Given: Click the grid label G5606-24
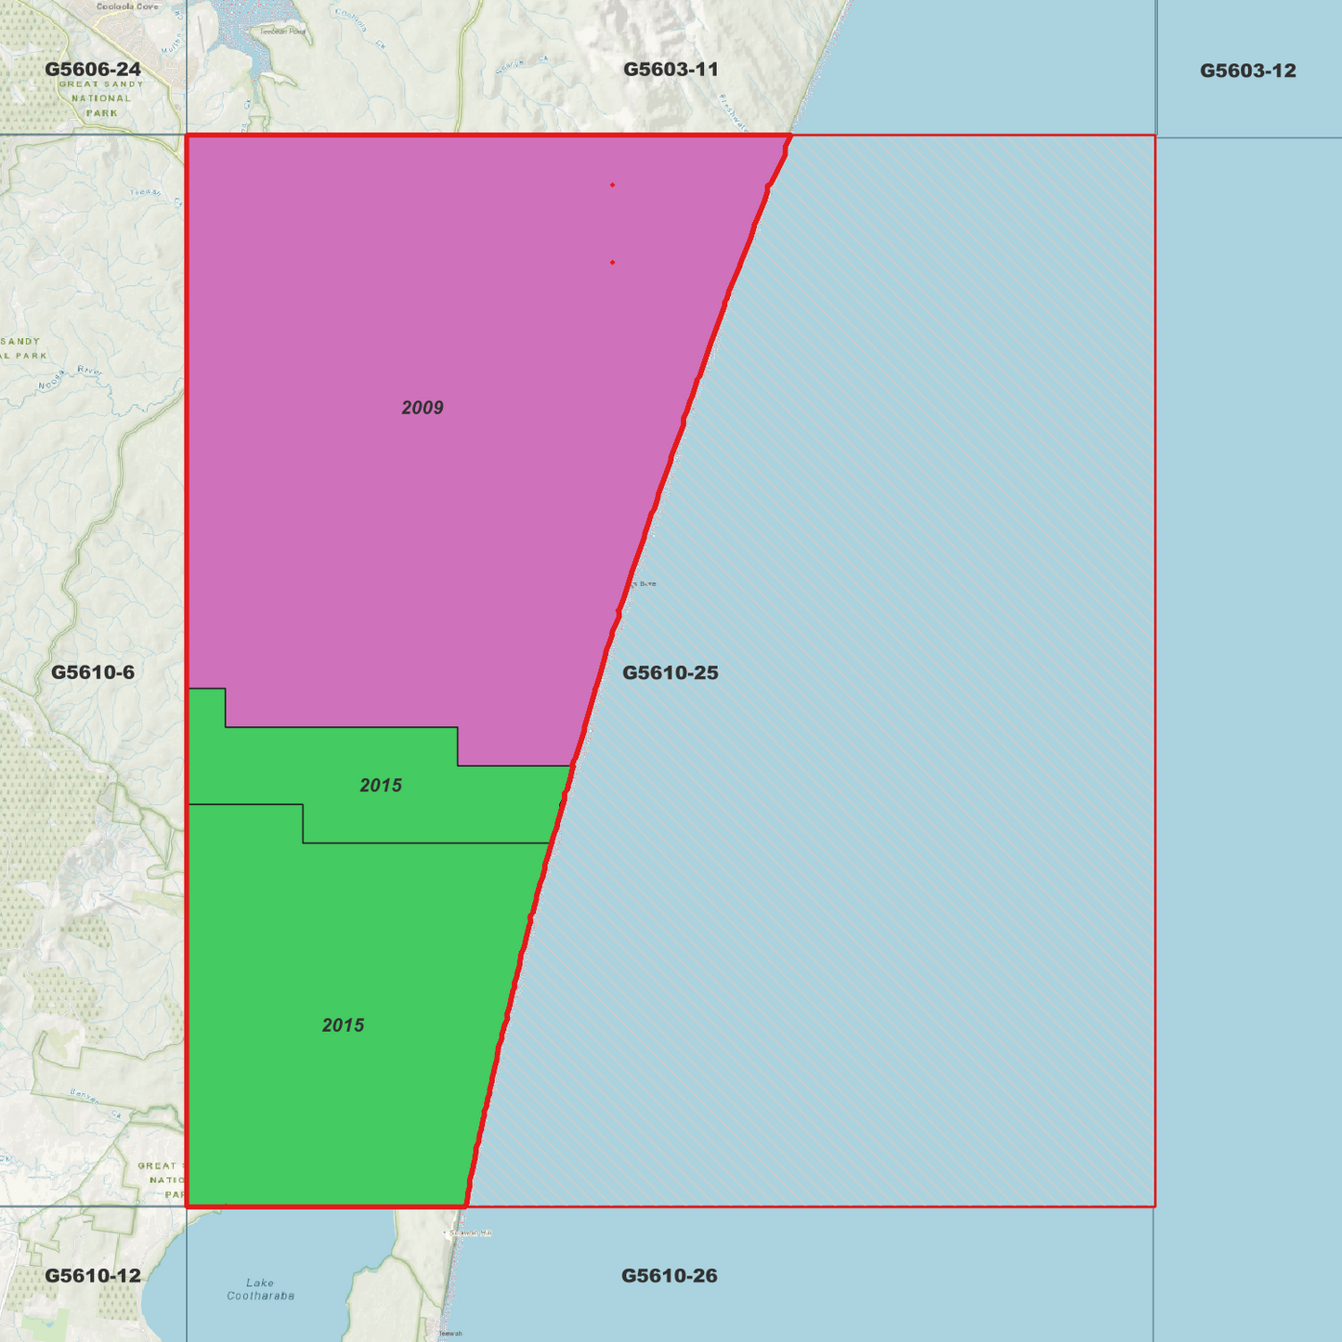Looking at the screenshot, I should (93, 70).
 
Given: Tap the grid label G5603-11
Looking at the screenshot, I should (671, 70).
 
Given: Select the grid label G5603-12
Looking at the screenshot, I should (1247, 71).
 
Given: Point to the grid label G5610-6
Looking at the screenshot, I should (93, 672).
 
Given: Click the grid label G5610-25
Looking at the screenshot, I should (670, 672).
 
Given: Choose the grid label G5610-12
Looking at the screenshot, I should (93, 1275).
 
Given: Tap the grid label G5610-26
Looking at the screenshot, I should (669, 1275).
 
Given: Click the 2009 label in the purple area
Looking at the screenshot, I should (423, 408).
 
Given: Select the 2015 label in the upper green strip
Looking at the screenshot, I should (381, 786).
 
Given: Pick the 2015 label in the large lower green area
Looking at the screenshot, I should (343, 1025).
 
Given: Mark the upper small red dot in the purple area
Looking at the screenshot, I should (612, 185).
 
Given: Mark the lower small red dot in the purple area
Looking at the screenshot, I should (612, 263).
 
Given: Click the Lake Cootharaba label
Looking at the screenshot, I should (261, 1289).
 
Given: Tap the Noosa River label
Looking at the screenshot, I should (71, 378).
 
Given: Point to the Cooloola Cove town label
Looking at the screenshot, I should (128, 7).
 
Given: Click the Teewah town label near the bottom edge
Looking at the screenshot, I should (450, 1334).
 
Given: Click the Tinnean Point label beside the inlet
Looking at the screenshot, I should (282, 32).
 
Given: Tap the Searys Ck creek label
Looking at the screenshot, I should (510, 66).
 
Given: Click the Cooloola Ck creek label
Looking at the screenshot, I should (359, 28).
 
